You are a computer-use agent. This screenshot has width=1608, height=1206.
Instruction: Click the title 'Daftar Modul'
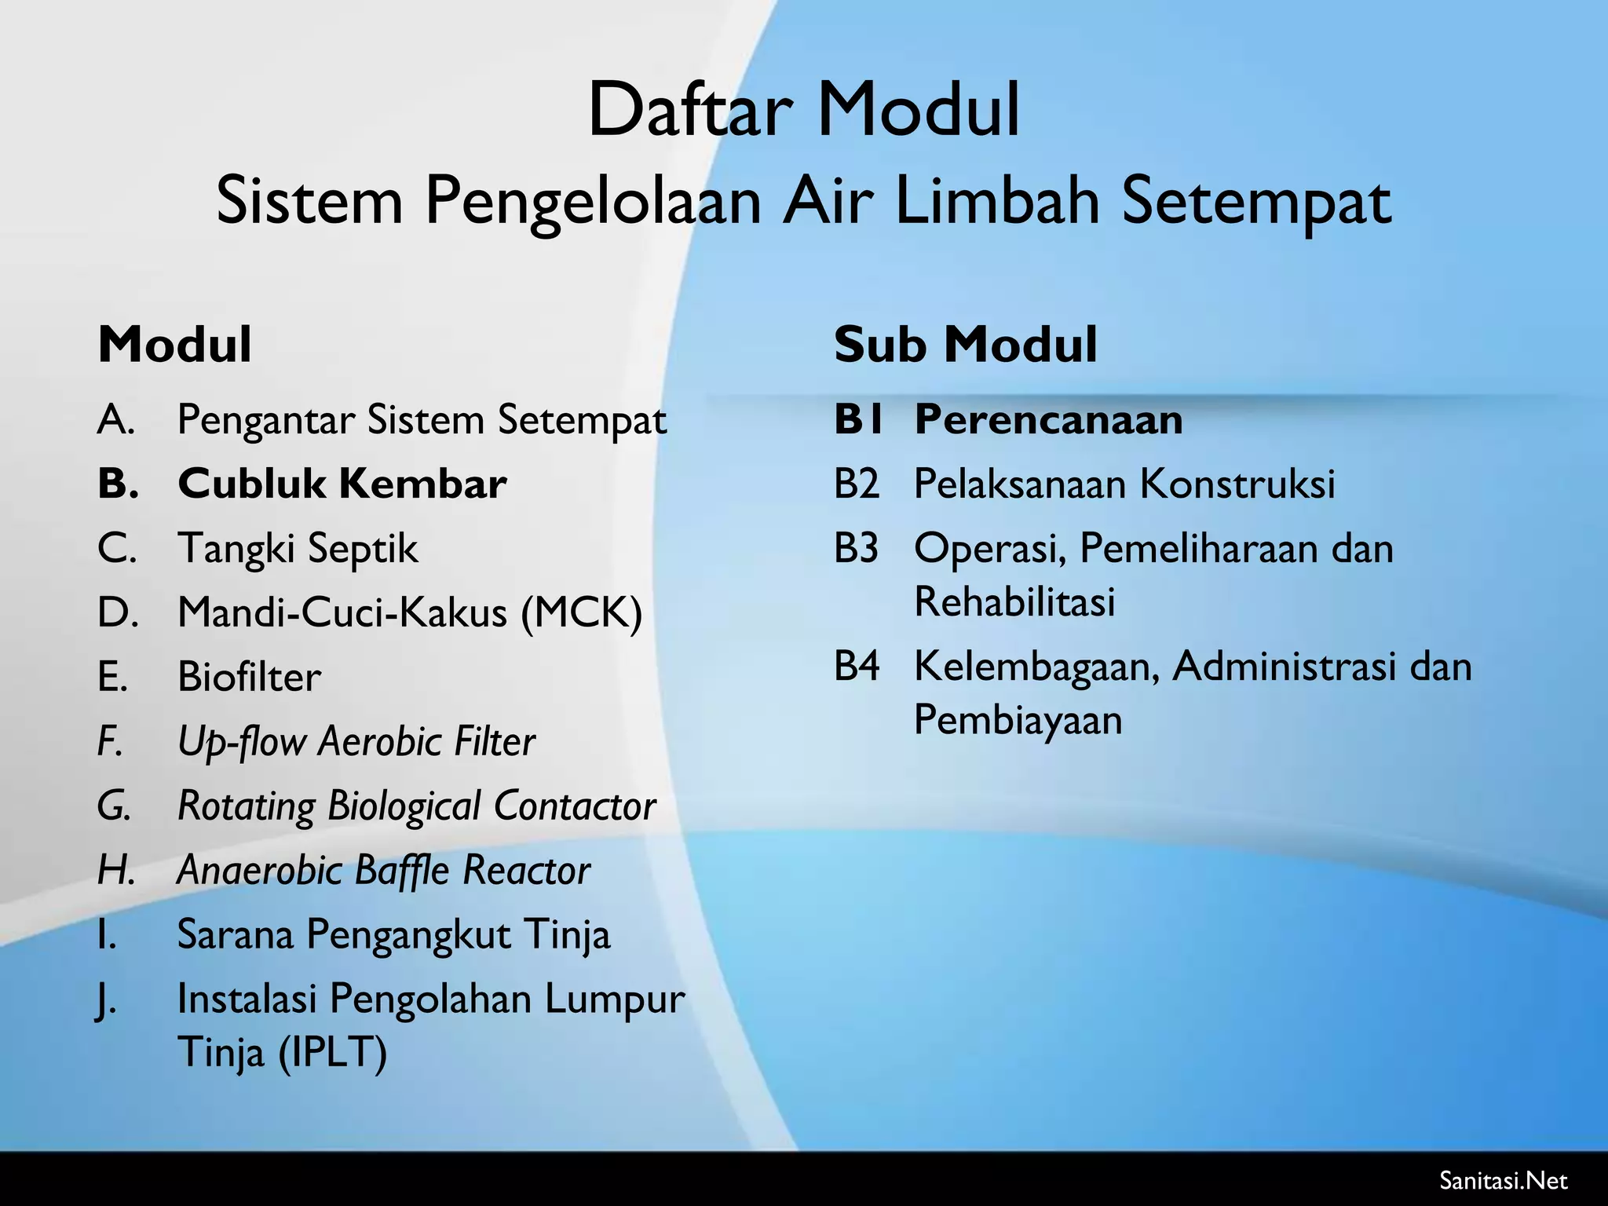[x=803, y=110]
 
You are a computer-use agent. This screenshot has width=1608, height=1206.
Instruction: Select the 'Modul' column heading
[x=174, y=345]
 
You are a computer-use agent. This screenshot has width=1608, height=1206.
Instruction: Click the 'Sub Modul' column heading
[x=965, y=345]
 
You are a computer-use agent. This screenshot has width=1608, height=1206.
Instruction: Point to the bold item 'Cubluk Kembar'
[x=342, y=484]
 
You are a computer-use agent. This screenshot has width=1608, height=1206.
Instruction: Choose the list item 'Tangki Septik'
[x=298, y=548]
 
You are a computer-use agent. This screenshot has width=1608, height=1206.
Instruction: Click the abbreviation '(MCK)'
[x=582, y=612]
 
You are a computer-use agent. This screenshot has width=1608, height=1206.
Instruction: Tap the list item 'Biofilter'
[x=249, y=677]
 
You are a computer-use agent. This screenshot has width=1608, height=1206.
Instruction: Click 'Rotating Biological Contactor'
[x=416, y=806]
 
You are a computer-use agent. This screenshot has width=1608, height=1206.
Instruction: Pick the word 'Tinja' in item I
[x=566, y=934]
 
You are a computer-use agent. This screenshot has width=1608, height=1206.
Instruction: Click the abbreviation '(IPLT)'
[x=333, y=1052]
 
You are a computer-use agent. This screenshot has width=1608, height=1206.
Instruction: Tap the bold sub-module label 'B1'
[x=858, y=419]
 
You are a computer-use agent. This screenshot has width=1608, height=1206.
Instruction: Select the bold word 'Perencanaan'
[x=1048, y=419]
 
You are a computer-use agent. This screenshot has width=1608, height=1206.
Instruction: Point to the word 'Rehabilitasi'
[x=1014, y=602]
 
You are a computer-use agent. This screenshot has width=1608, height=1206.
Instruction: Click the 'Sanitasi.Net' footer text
[x=1504, y=1180]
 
